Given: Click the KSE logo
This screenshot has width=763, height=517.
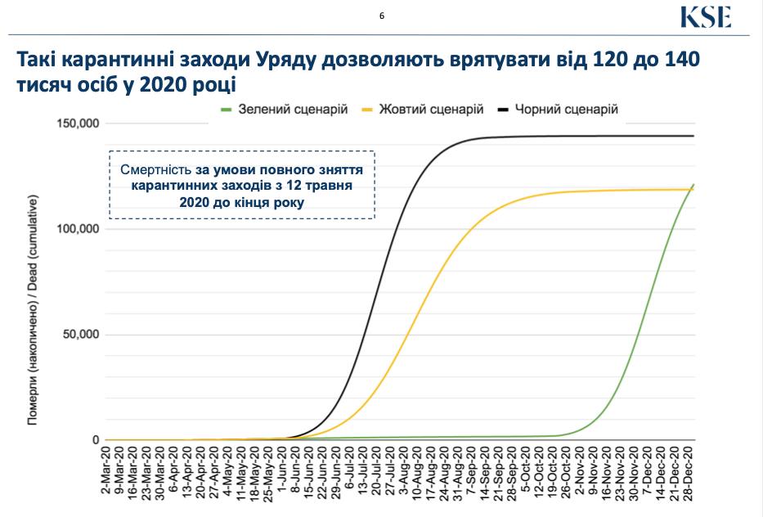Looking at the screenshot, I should click(704, 17).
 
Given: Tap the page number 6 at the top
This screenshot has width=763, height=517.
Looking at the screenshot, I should click(381, 15).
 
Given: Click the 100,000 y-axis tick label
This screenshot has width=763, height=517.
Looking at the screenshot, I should click(78, 229).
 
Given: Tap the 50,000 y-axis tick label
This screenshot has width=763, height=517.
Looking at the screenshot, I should click(81, 335).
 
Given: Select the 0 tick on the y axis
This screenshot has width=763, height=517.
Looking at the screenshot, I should click(95, 440).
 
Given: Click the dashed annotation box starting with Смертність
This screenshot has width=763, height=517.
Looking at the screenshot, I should click(242, 185).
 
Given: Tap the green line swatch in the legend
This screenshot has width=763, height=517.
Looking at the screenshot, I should click(227, 108).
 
